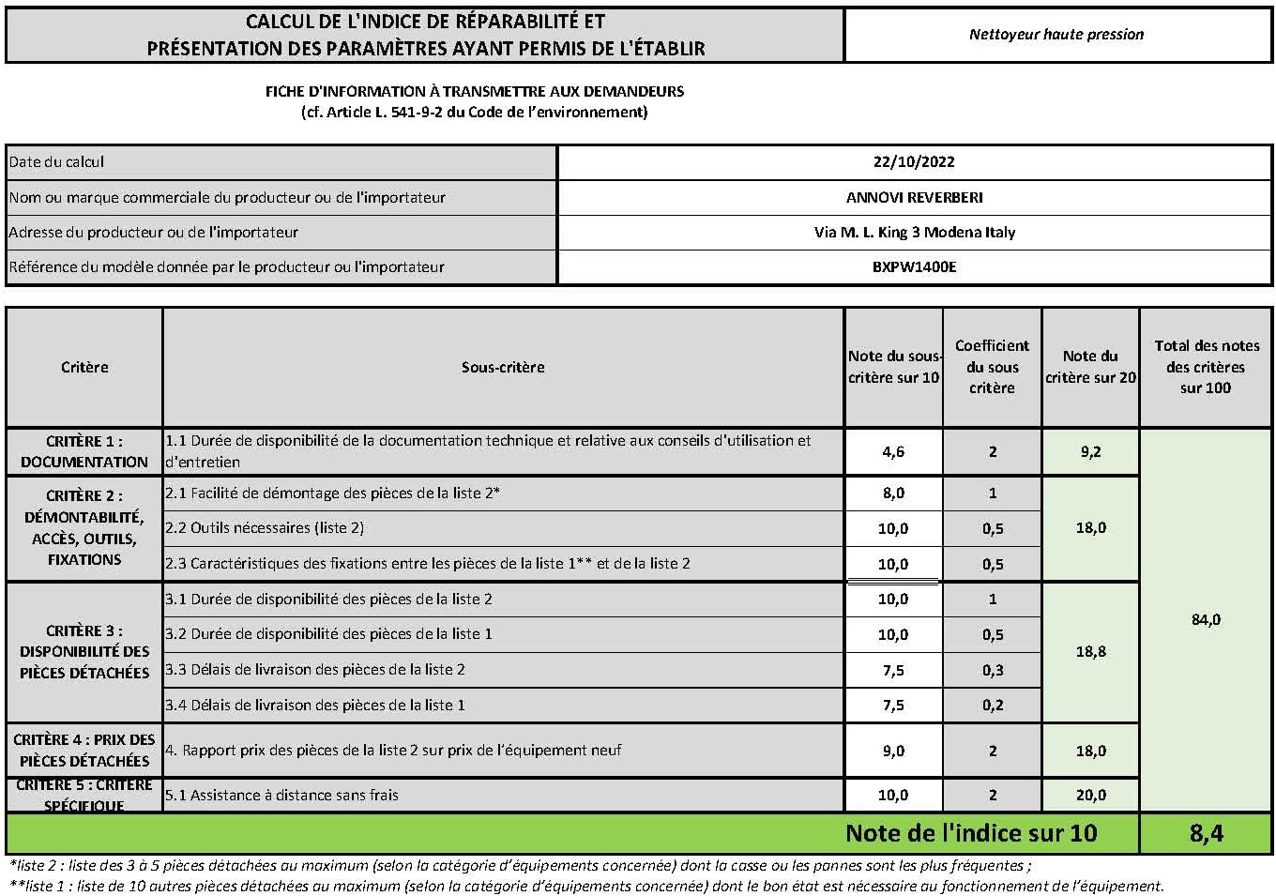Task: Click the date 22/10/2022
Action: pos(914,161)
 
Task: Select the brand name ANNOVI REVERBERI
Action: pos(914,197)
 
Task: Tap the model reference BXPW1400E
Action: pos(914,266)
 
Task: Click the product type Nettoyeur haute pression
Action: pos(1056,35)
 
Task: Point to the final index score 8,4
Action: pos(1206,833)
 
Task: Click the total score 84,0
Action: pos(1206,619)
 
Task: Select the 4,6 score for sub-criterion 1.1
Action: pos(893,451)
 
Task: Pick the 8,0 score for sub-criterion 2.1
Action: pos(893,493)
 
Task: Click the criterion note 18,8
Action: pos(1090,651)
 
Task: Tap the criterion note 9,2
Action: pos(1090,451)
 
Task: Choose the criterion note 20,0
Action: pos(1090,795)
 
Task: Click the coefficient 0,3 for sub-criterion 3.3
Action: pos(993,670)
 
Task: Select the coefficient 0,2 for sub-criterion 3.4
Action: pos(993,706)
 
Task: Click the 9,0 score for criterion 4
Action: pos(893,751)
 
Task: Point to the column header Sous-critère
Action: pos(503,367)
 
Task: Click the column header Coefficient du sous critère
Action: pos(992,367)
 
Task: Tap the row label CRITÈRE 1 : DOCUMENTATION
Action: pos(84,451)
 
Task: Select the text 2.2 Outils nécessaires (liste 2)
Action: pos(265,528)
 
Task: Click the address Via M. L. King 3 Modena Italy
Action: pos(914,232)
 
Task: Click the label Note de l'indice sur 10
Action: pos(970,833)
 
